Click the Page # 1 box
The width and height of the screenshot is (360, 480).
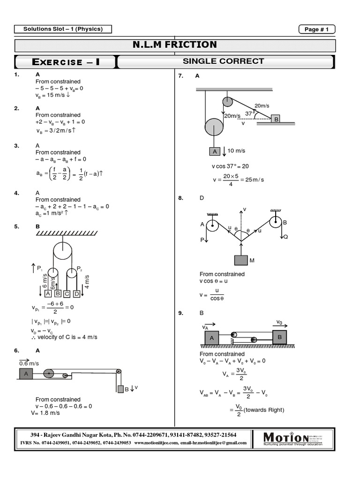(317, 29)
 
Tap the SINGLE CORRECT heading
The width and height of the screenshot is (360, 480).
(223, 61)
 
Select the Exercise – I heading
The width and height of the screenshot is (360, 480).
(65, 62)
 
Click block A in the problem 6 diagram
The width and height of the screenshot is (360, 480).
(26, 374)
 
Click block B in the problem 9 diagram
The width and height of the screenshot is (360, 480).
(279, 337)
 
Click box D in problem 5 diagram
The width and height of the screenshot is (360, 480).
(76, 294)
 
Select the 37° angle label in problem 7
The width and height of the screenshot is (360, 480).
(249, 113)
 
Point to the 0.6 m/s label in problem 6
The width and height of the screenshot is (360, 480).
(29, 363)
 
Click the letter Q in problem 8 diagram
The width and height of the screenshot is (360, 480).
(285, 237)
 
